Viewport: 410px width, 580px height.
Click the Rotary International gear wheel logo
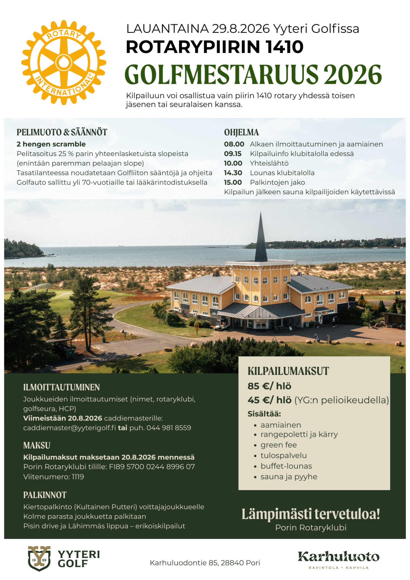[64, 62]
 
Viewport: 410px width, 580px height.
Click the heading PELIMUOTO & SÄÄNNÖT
[62, 132]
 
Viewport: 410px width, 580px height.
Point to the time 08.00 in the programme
[234, 144]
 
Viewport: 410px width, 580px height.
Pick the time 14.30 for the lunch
[233, 173]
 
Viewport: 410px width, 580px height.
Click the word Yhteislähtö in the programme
[269, 163]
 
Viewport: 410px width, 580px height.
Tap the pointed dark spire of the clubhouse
[261, 238]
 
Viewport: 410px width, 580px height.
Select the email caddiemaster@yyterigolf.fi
[69, 428]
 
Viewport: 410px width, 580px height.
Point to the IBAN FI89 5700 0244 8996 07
[152, 467]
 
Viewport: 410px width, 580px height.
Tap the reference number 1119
[78, 477]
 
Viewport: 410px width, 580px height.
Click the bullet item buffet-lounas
[286, 466]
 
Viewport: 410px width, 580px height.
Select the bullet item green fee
[279, 445]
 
